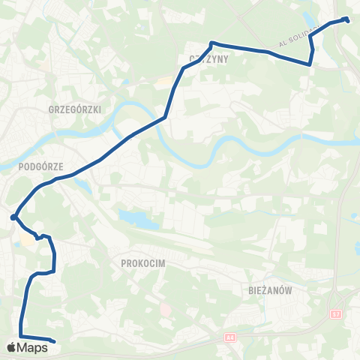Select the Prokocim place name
142,264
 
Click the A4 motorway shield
228,339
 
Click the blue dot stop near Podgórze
14,217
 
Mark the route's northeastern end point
347,20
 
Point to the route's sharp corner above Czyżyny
212,43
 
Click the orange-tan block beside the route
28,241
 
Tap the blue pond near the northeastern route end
310,14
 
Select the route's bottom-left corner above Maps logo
20,336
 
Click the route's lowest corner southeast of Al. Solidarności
310,65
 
